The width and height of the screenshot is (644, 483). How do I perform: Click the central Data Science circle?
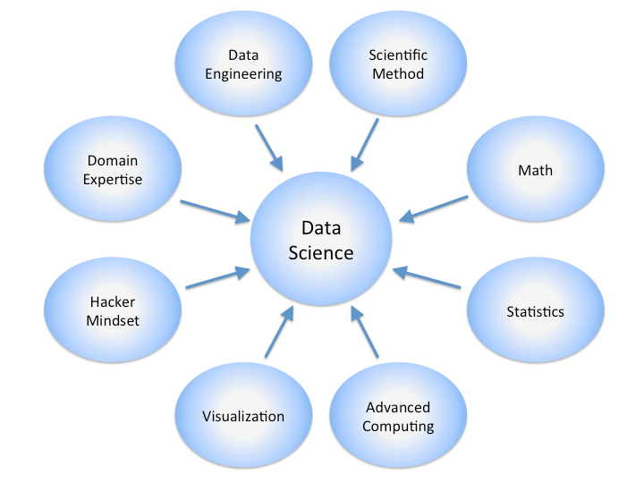pyautogui.click(x=321, y=239)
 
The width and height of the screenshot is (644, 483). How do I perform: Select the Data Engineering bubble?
pyautogui.click(x=243, y=64)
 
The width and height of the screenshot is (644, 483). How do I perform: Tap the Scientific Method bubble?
pyautogui.click(x=398, y=64)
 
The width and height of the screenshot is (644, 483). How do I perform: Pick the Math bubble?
pyautogui.click(x=536, y=169)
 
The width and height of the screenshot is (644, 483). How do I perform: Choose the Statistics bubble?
pyautogui.click(x=536, y=310)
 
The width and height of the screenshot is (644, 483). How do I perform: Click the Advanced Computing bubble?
pyautogui.click(x=398, y=415)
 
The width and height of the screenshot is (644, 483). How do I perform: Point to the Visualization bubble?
pyautogui.click(x=243, y=415)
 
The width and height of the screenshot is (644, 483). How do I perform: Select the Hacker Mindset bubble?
pyautogui.click(x=113, y=310)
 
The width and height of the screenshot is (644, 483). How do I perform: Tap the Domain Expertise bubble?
pyautogui.click(x=113, y=169)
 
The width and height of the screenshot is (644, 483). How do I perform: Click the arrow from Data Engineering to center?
pyautogui.click(x=269, y=148)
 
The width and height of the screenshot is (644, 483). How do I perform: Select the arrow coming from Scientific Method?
pyautogui.click(x=364, y=145)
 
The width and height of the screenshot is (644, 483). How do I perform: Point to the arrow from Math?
pyautogui.click(x=433, y=209)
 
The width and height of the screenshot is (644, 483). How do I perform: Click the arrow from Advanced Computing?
pyautogui.click(x=364, y=332)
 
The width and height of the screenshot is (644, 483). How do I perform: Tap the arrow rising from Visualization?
pyautogui.click(x=279, y=332)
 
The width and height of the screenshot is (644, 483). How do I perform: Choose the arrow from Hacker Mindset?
pyautogui.click(x=217, y=277)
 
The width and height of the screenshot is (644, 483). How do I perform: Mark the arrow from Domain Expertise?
pyautogui.click(x=216, y=212)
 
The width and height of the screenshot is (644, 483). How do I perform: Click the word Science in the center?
pyautogui.click(x=321, y=253)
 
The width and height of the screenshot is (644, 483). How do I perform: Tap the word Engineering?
pyautogui.click(x=243, y=74)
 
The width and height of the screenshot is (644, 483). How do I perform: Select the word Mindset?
pyautogui.click(x=113, y=320)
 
